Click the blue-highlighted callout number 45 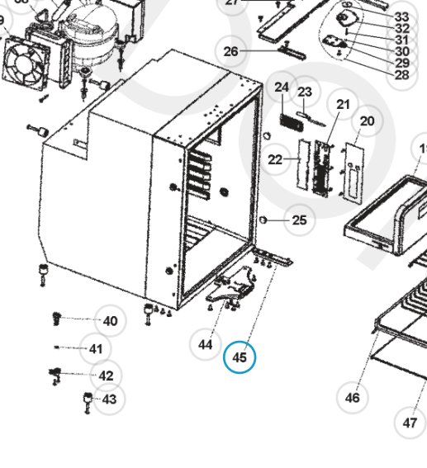(240, 357)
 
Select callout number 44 (206, 343)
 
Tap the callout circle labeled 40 (109, 321)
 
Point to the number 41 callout (96, 348)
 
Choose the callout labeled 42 (106, 376)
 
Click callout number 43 (108, 399)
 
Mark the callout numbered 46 (353, 397)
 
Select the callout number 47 (410, 423)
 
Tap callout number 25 (299, 220)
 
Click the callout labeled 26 (230, 51)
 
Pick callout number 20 (367, 121)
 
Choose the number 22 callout (275, 159)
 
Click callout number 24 (282, 87)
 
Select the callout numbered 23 (305, 92)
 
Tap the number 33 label (401, 17)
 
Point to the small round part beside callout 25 (264, 220)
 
